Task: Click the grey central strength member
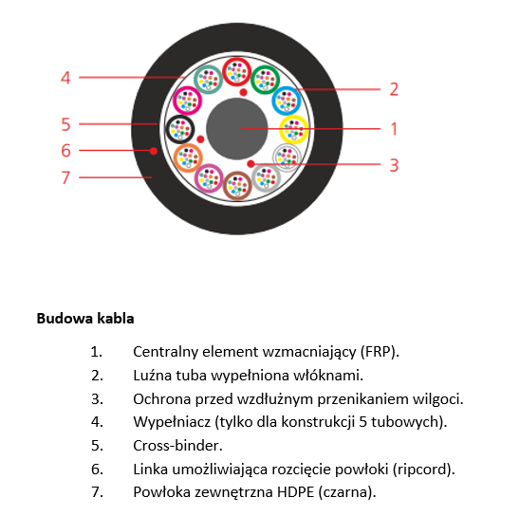pos(237,129)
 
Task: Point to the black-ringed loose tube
pos(179,129)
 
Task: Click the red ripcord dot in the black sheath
pos(153,151)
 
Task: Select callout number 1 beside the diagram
pos(394,129)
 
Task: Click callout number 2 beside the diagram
pos(394,89)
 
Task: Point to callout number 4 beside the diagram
pos(65,78)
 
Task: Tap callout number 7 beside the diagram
pos(65,177)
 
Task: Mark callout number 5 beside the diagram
pos(65,124)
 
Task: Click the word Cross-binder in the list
pos(177,446)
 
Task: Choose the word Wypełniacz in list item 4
pos(172,422)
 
